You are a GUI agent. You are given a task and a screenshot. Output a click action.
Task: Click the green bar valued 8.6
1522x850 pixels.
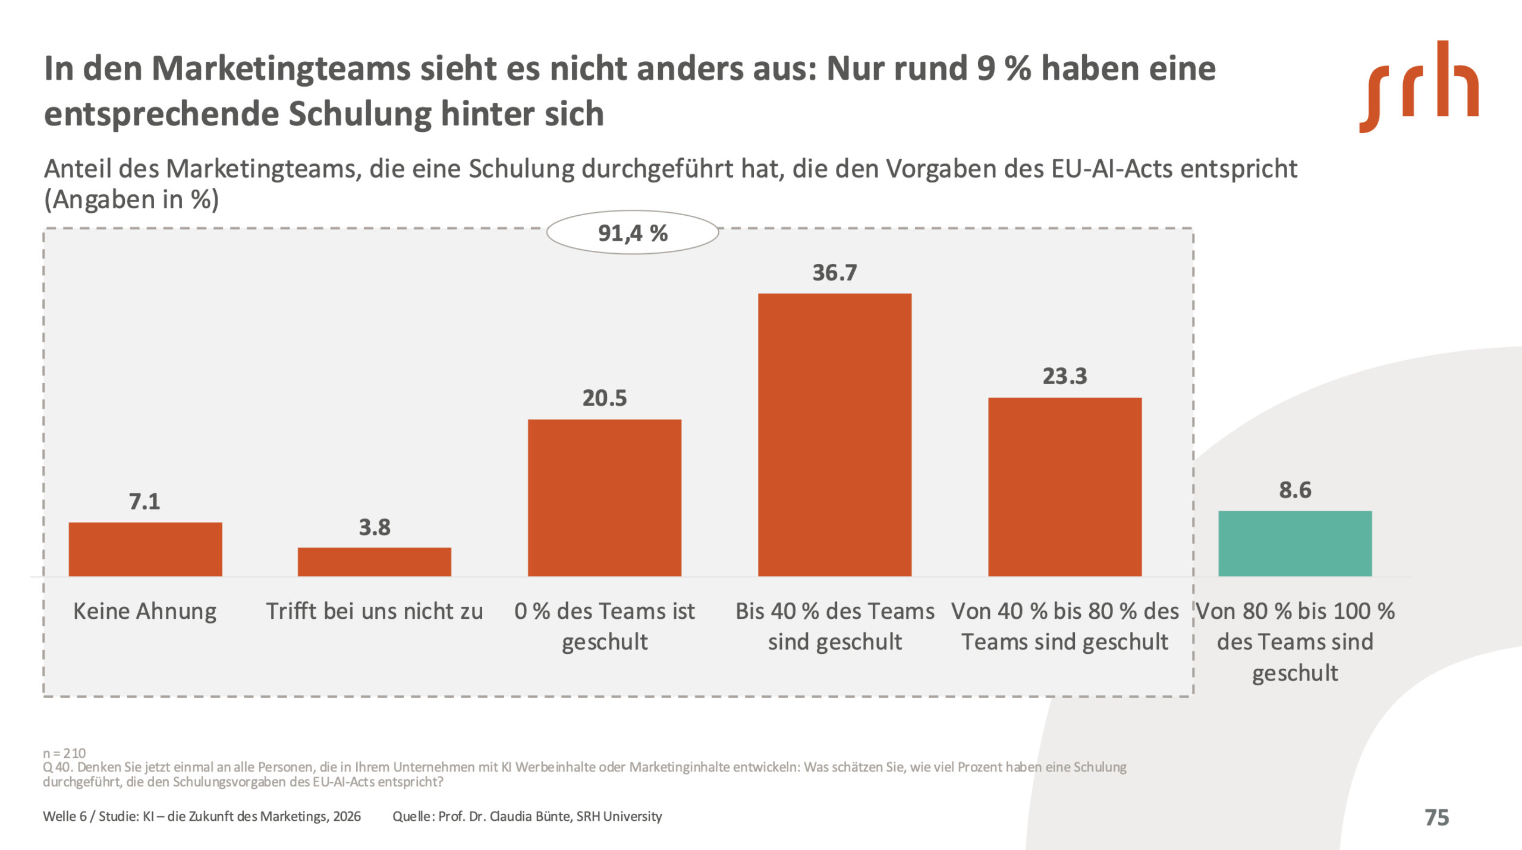[x=1295, y=543]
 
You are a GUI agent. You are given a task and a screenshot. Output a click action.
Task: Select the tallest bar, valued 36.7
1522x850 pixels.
[x=834, y=435]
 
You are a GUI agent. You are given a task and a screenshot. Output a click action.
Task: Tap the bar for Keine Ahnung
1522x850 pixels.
[x=145, y=549]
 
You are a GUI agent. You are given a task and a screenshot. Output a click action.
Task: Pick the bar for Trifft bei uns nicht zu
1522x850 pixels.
[x=374, y=562]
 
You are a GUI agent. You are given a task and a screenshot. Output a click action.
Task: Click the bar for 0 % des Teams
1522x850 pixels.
[x=604, y=498]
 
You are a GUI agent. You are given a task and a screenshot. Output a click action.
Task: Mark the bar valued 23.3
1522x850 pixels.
[x=1064, y=487]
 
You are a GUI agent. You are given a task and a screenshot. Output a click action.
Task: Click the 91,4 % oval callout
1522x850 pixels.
[x=633, y=233]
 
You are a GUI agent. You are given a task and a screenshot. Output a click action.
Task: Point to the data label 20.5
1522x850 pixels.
[x=604, y=398]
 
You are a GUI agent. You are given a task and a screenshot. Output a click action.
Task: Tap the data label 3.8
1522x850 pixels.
[x=374, y=527]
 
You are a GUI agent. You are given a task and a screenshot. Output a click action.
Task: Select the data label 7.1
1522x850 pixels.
[x=144, y=502]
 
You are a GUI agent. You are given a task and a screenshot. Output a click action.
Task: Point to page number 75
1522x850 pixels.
[x=1436, y=817]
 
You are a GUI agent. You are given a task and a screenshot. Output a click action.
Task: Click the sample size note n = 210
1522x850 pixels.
[x=64, y=753]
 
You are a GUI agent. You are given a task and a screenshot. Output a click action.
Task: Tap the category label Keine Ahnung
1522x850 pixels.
[x=144, y=611]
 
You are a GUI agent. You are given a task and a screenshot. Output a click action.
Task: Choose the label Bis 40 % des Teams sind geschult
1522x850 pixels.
[x=834, y=627]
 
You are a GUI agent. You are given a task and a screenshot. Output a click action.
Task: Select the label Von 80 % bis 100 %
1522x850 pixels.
[x=1295, y=611]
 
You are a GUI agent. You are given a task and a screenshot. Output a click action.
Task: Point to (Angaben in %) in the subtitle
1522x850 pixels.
[x=131, y=200]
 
